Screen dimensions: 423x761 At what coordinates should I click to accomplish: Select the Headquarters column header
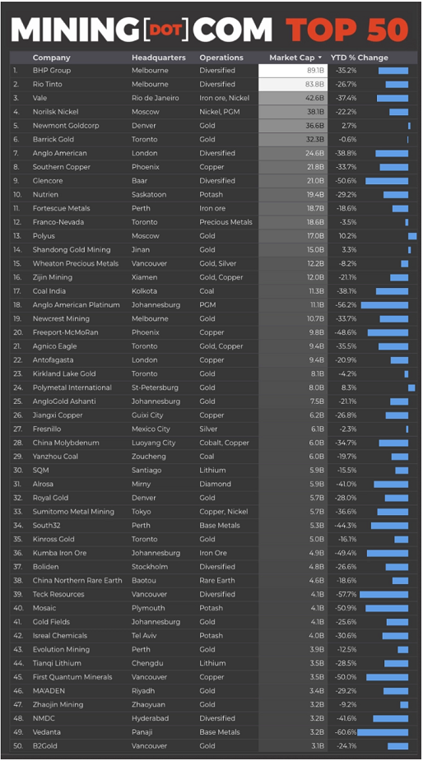tap(158, 58)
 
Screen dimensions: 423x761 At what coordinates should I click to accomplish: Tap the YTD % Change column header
tap(360, 58)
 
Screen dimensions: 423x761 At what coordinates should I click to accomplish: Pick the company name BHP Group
tap(52, 71)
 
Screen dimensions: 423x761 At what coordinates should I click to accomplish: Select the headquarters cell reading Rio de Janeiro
tap(155, 98)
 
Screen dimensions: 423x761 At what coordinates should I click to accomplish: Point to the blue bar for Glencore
tap(387, 180)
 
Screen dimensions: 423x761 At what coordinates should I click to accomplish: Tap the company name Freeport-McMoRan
tap(60, 332)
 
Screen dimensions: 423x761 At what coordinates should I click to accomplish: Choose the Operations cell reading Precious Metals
tap(225, 222)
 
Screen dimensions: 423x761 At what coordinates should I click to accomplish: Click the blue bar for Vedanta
tap(383, 732)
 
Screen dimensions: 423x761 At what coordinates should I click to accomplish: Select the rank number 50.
tap(18, 745)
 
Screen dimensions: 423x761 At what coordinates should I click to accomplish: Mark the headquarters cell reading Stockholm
tap(149, 566)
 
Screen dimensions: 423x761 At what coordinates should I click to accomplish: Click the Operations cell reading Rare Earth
tap(217, 581)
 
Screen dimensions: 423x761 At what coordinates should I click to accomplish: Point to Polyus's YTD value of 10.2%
tap(348, 236)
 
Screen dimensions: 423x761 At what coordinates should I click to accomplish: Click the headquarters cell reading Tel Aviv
tap(144, 635)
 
